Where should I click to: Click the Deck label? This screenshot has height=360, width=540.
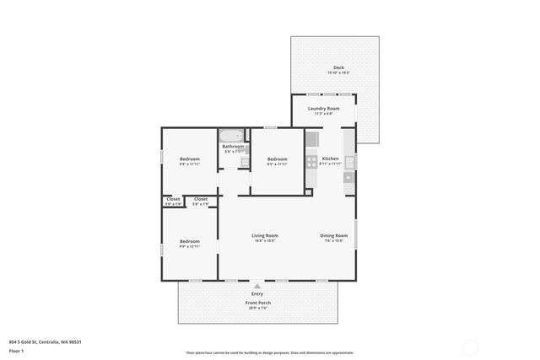click(338, 67)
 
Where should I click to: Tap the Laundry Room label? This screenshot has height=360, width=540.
click(324, 108)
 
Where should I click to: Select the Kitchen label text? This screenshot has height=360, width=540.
click(331, 159)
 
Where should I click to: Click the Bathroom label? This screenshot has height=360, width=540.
click(234, 147)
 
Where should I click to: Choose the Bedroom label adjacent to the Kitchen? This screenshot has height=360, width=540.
click(278, 159)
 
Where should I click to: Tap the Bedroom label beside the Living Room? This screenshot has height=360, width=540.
click(189, 241)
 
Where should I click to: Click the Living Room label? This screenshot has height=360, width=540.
click(265, 235)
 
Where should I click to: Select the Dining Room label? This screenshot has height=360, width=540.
click(333, 235)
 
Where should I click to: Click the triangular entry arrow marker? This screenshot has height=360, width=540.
click(257, 286)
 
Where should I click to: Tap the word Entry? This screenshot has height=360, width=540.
click(257, 293)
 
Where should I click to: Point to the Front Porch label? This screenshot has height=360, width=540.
click(257, 302)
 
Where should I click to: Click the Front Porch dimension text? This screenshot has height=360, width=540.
click(257, 308)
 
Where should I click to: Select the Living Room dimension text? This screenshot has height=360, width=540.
click(265, 241)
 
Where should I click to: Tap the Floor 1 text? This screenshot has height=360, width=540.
click(16, 350)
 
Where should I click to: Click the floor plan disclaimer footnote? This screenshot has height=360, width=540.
click(270, 352)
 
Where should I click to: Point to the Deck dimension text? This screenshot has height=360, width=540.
click(338, 73)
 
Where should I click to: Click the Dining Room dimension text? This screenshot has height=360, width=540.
click(333, 241)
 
